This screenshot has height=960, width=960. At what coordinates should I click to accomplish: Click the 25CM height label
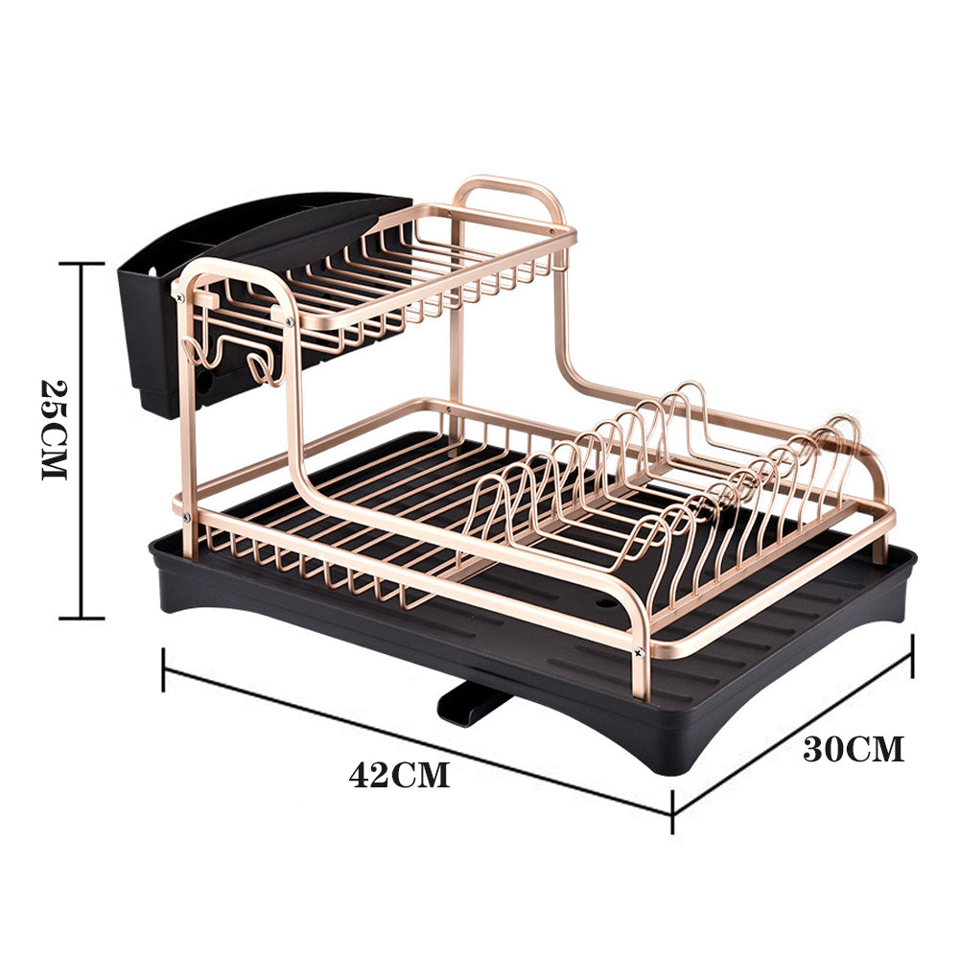pos(55,431)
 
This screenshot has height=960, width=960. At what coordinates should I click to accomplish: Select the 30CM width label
pos(853,749)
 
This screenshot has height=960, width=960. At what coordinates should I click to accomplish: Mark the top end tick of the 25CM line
pos(80,263)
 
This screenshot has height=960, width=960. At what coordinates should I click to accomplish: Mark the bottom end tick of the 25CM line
pos(80,618)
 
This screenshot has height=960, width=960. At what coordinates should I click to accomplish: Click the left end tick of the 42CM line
pos(164,668)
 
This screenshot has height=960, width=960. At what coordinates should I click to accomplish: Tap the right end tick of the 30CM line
pos(911,656)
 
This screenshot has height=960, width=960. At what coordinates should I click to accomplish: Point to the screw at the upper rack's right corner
pos(553,230)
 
